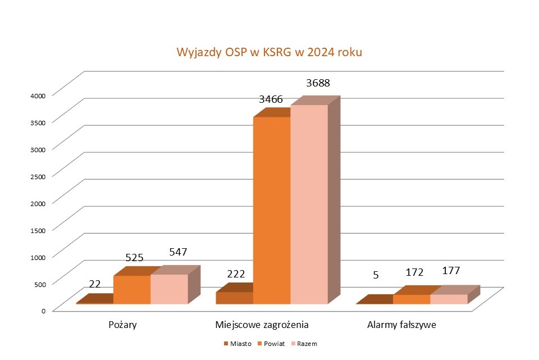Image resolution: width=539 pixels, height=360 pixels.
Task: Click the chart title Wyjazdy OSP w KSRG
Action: pyautogui.click(x=269, y=53)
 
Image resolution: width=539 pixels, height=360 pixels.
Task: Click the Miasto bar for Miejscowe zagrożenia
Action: pyautogui.click(x=234, y=298)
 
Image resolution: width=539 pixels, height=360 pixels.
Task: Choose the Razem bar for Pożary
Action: pyautogui.click(x=169, y=289)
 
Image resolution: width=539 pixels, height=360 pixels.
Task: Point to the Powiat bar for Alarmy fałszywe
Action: pyautogui.click(x=412, y=299)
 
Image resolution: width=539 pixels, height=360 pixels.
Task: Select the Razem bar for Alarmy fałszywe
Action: pyautogui.click(x=449, y=299)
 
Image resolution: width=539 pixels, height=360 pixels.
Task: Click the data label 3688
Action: pyautogui.click(x=318, y=83)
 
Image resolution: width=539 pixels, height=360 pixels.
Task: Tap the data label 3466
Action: pyautogui.click(x=271, y=99)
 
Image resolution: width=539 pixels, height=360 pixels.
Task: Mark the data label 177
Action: pyautogui.click(x=450, y=271)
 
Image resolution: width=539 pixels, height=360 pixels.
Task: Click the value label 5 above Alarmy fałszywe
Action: pyautogui.click(x=376, y=275)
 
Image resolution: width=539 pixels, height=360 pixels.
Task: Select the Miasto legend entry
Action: pyautogui.click(x=238, y=343)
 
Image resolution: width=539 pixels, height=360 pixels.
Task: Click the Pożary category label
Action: pyautogui.click(x=122, y=325)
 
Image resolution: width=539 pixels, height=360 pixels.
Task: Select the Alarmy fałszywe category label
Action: pyautogui.click(x=401, y=325)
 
